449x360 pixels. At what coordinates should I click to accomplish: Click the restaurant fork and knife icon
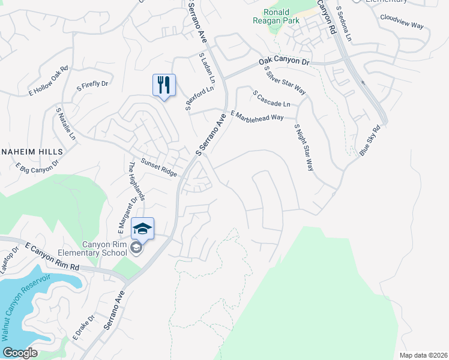[164, 85]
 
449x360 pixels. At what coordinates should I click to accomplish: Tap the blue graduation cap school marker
[142, 229]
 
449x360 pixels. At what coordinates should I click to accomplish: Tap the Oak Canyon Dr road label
[284, 62]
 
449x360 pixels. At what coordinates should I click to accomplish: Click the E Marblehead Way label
[257, 116]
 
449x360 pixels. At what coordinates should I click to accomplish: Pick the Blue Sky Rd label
[370, 141]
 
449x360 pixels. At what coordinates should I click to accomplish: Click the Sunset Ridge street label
[159, 167]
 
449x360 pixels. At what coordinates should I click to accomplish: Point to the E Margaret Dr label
[128, 214]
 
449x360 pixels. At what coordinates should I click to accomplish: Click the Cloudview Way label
[402, 22]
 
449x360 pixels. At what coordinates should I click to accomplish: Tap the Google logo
[20, 353]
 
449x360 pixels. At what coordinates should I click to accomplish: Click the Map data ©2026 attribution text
[423, 355]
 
